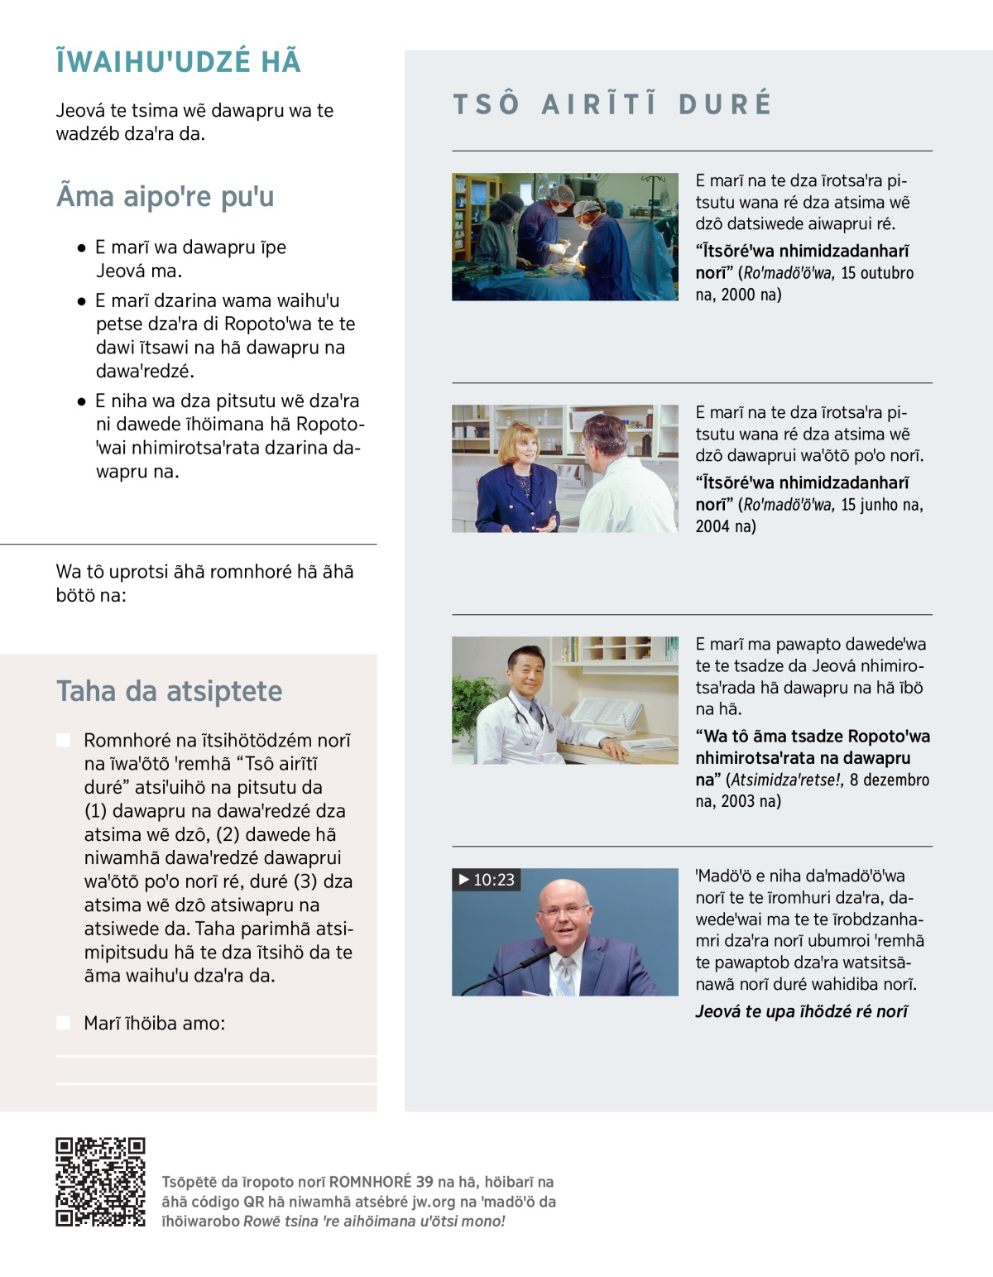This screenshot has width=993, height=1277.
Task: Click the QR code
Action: pos(100,1182)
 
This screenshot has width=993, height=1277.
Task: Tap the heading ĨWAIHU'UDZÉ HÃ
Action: pos(178,62)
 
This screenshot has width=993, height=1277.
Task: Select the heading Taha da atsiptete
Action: pos(169,690)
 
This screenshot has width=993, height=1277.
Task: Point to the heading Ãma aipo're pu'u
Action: pos(165,196)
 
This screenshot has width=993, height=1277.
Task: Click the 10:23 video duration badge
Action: pos(487,879)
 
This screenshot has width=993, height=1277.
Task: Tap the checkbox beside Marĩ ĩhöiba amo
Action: pos(63,1023)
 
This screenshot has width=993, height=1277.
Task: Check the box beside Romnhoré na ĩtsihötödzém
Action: pos(63,740)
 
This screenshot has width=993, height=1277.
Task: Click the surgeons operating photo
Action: pos(564,237)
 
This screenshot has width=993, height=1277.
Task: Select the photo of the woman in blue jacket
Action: pos(564,468)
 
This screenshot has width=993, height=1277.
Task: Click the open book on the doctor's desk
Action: pos(606,715)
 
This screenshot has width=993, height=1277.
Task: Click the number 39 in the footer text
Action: pos(425,1182)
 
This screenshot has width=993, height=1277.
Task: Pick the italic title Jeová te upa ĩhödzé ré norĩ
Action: pos(802,1011)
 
